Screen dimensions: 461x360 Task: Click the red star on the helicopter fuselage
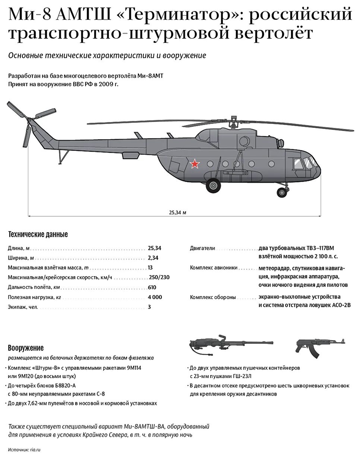pos(194,163)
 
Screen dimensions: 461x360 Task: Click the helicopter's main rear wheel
pos(213,185)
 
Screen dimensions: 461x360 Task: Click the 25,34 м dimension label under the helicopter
pos(177,212)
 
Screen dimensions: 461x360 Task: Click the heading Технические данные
pos(38,234)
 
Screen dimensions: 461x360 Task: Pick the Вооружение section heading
pos(26,348)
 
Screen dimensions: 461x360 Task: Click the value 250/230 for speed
pos(159,277)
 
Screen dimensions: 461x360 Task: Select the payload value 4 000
pos(155,297)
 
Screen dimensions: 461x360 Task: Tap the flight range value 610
pos(152,287)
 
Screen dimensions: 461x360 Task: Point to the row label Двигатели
pos(202,248)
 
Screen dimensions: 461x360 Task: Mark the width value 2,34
pos(153,258)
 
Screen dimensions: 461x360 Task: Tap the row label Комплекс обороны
pos(213,297)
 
